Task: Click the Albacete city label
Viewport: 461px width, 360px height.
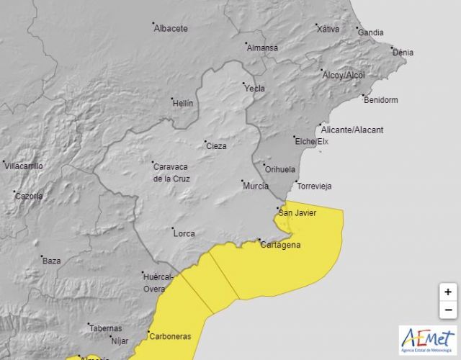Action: click(171, 29)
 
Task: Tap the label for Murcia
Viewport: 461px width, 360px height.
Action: click(256, 186)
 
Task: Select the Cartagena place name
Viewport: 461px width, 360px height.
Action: click(279, 245)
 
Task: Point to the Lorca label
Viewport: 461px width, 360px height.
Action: click(184, 233)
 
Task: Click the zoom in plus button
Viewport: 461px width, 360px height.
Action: click(447, 292)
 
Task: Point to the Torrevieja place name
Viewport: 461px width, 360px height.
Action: click(314, 186)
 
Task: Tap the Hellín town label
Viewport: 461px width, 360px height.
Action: click(183, 103)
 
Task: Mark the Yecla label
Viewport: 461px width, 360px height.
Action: click(255, 89)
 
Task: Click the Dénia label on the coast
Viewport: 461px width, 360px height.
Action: click(403, 53)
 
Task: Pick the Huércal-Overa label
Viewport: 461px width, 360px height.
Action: click(158, 282)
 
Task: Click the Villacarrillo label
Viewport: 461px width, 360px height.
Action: click(24, 166)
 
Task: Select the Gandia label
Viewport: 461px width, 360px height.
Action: click(370, 33)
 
